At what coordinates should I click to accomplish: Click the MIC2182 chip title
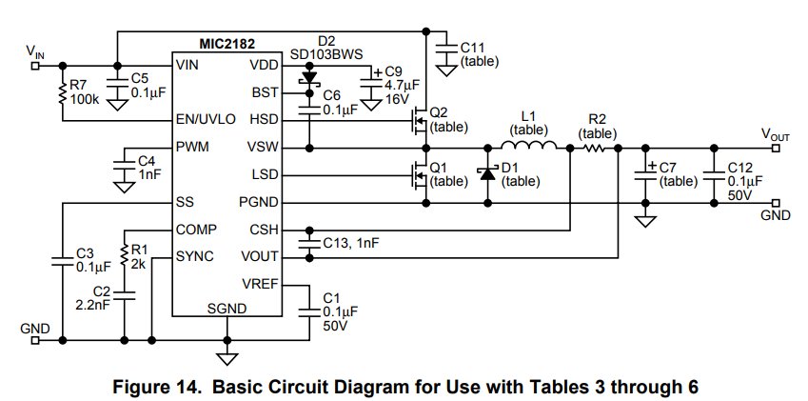tap(227, 44)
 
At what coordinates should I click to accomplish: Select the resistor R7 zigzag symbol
tap(63, 92)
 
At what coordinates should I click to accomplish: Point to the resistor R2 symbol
tap(594, 148)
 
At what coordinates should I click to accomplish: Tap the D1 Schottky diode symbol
tap(487, 173)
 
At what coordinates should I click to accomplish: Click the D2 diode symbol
tap(309, 78)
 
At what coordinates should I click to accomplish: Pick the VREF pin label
tap(260, 284)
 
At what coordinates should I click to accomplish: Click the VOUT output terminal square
tap(777, 149)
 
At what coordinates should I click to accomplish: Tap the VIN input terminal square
tap(35, 66)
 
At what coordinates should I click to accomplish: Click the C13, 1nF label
tap(351, 243)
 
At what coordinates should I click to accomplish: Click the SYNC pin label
tap(195, 256)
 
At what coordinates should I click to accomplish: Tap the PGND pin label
tap(259, 203)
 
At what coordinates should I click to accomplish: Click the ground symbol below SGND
tap(227, 359)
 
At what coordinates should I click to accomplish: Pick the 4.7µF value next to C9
tap(402, 86)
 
